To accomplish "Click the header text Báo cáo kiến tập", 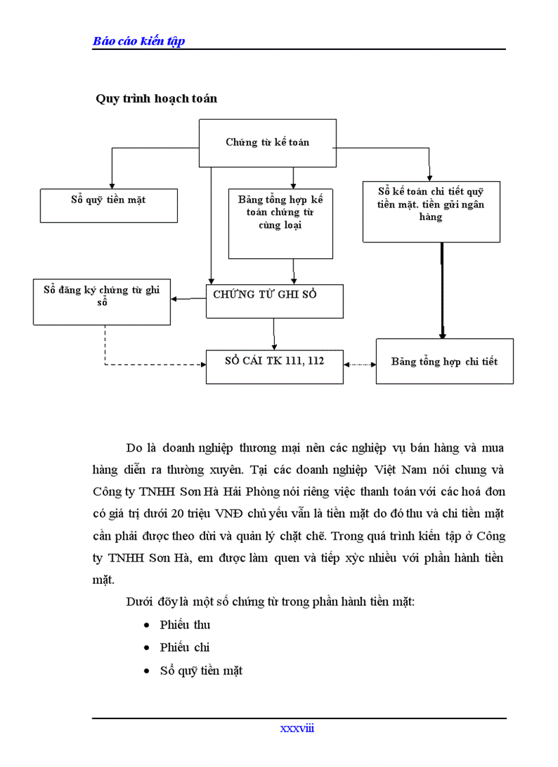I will [x=139, y=41].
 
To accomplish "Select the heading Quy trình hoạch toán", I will [x=157, y=98].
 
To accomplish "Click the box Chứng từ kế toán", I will [x=267, y=142].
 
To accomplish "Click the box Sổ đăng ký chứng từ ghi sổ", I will [x=102, y=301].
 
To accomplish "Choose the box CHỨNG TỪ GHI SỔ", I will [x=274, y=301].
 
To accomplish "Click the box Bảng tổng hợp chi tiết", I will [x=444, y=361].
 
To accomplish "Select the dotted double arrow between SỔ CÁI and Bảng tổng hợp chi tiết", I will [x=360, y=365].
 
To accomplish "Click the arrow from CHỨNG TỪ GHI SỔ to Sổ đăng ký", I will [x=189, y=299].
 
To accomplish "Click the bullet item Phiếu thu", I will [x=185, y=624].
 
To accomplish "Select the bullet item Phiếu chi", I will [x=185, y=647].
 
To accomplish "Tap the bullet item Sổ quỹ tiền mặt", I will [x=201, y=671].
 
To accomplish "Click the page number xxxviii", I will [x=297, y=728].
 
